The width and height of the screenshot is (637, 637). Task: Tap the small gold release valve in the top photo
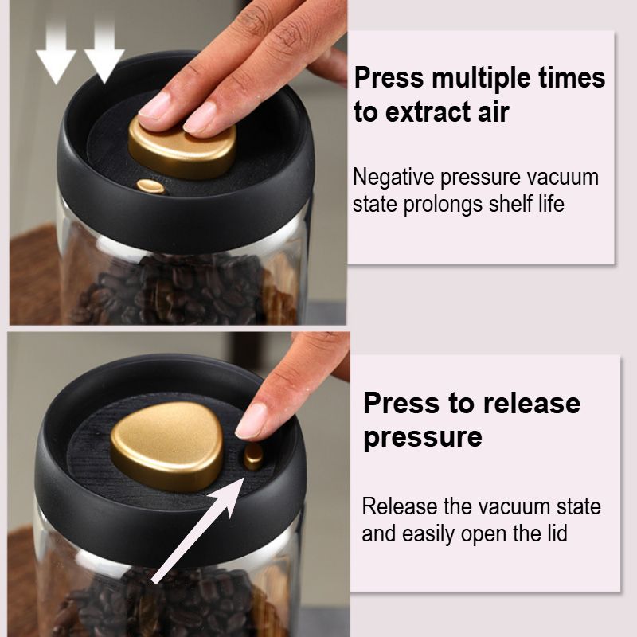150,186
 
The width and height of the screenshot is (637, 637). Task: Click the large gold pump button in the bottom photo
167,446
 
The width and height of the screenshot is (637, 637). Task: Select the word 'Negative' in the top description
393,178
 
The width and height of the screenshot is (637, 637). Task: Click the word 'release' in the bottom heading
531,404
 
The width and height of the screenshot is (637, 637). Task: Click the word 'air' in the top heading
493,112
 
